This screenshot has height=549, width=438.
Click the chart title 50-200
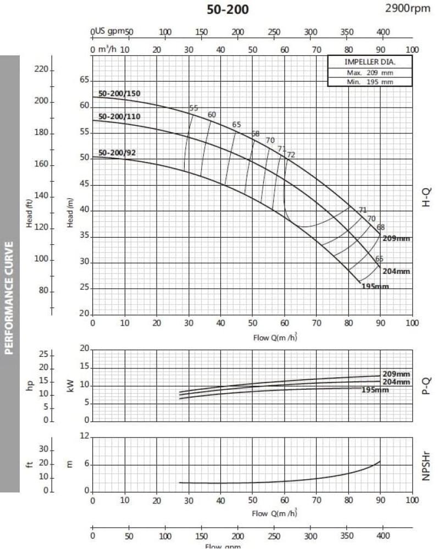point(227,9)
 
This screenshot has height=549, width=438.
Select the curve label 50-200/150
point(119,93)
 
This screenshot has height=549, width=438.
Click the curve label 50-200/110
point(119,116)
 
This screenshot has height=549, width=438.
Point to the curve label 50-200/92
point(117,153)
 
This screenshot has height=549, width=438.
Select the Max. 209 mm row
point(370,72)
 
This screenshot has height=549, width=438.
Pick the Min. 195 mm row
point(370,82)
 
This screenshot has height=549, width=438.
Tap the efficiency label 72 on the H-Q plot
point(291,155)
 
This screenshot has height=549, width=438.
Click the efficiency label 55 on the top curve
point(193,108)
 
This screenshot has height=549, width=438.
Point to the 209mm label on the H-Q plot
point(396,239)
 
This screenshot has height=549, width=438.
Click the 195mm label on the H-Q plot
point(375,287)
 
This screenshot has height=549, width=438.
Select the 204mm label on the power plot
point(396,382)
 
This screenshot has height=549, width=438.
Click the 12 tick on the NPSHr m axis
point(84,436)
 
